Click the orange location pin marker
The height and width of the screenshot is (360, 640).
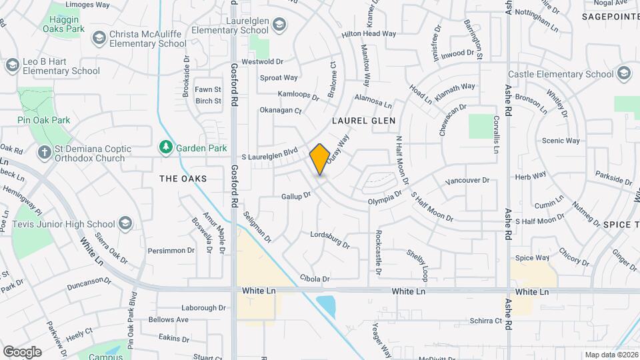[x=320, y=159]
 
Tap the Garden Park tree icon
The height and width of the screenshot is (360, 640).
[x=165, y=147]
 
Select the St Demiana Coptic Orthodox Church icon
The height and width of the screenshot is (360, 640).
[x=45, y=153]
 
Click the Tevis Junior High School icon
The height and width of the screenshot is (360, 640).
[x=125, y=224]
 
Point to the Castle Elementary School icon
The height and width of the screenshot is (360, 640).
[x=624, y=74]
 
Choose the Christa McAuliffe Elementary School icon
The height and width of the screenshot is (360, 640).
[x=99, y=37]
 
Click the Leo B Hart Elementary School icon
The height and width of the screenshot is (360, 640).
[x=12, y=65]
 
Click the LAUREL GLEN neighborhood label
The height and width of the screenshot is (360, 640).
[x=364, y=121]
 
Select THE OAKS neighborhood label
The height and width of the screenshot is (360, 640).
[x=183, y=179]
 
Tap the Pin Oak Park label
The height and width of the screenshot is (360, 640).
[x=43, y=120]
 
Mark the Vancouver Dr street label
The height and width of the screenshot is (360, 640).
[x=467, y=181]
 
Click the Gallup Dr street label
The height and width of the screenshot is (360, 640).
[x=296, y=196]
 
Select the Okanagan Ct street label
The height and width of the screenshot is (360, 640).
[x=281, y=111]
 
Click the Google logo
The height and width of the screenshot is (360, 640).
[x=22, y=351]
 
